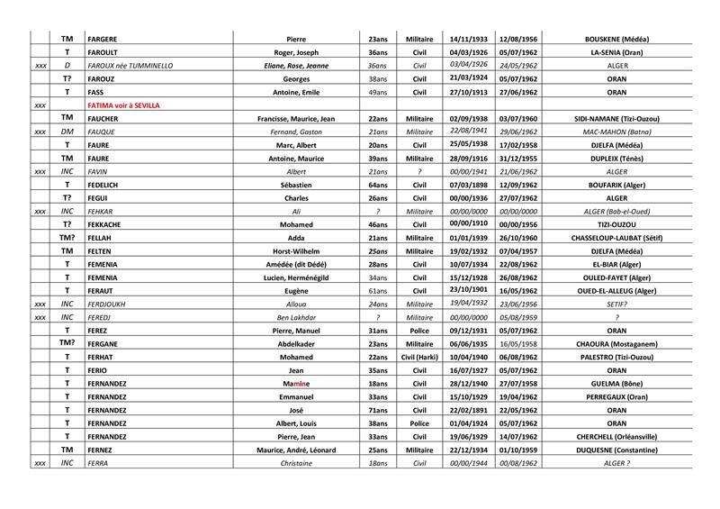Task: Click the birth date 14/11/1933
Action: (468, 40)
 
